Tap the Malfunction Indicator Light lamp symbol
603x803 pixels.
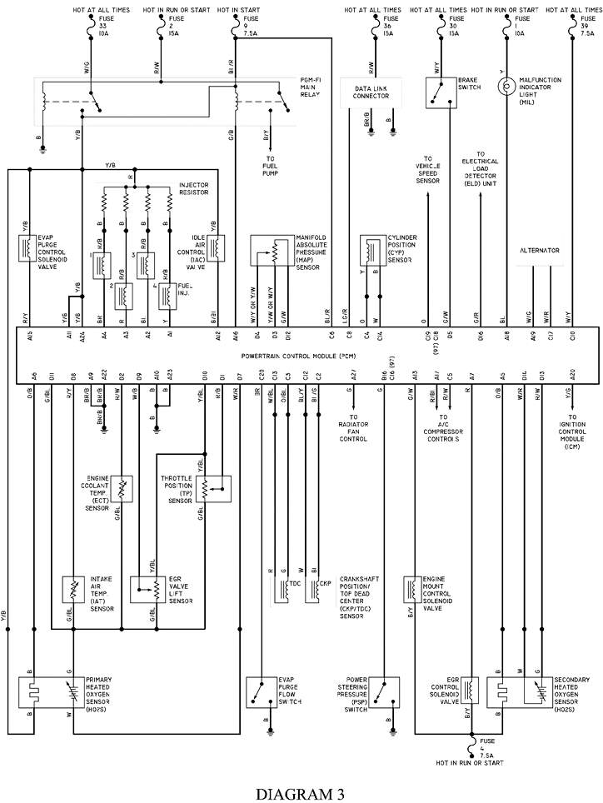(x=505, y=86)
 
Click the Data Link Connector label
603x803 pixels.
(x=371, y=92)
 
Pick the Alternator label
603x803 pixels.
(x=539, y=250)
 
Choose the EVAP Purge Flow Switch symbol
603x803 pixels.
(x=263, y=691)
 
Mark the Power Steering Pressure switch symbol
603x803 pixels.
(x=383, y=691)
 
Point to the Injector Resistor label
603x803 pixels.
(x=193, y=189)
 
